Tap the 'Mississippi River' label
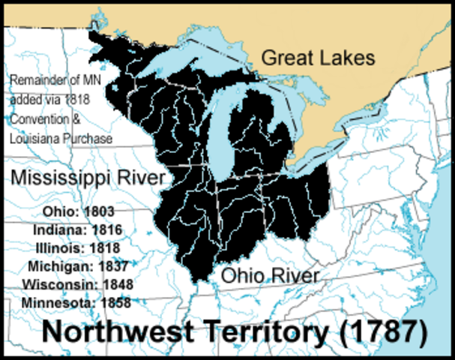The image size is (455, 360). click(87, 178)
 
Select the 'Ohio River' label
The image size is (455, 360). click(269, 275)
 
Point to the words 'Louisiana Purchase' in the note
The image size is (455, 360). click(61, 139)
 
